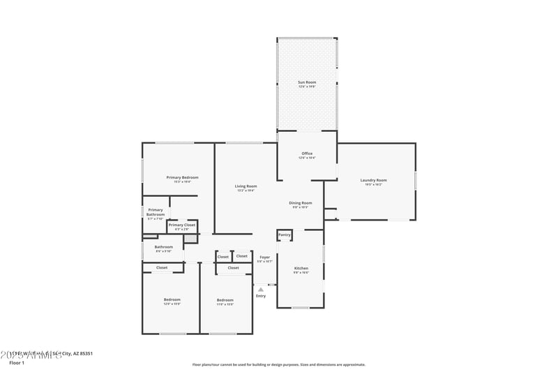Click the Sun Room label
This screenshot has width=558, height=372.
tap(307, 82)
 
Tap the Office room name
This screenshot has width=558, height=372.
tap(307, 154)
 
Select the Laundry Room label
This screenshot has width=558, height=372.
tap(373, 180)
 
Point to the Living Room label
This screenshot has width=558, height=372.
tap(246, 186)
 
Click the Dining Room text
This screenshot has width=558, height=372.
tap(301, 203)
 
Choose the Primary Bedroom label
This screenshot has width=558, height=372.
tap(182, 177)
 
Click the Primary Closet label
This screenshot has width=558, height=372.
tap(181, 225)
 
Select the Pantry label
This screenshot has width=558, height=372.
tap(284, 235)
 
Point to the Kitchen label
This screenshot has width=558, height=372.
tap(301, 268)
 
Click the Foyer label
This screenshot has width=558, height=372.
tap(265, 258)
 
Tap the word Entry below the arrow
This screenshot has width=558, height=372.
tap(260, 296)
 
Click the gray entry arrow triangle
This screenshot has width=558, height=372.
tap(261, 288)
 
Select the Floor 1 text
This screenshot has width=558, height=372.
tap(17, 363)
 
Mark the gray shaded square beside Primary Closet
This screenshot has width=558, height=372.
tap(190, 239)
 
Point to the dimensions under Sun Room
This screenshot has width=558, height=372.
tap(307, 87)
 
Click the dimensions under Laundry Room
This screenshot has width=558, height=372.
tap(373, 184)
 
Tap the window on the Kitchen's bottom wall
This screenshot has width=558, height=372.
tap(301, 308)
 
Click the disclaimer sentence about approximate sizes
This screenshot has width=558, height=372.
tap(279, 364)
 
